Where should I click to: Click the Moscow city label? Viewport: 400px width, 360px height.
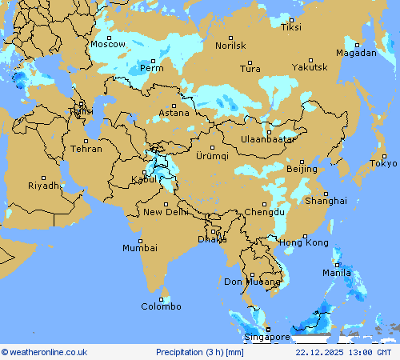(x=108, y=45)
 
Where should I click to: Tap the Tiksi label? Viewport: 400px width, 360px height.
(x=291, y=27)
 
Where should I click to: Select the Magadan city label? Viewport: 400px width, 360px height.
(x=356, y=53)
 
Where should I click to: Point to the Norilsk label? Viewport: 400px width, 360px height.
(x=230, y=46)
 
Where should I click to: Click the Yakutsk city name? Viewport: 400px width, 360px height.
(x=310, y=67)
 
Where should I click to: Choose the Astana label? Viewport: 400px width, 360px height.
(x=174, y=113)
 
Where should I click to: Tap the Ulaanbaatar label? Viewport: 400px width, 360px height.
(x=269, y=139)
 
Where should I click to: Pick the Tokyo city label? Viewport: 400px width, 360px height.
(x=383, y=164)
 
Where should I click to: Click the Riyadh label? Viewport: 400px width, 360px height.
(x=44, y=186)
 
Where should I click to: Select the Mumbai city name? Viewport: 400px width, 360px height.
(x=140, y=248)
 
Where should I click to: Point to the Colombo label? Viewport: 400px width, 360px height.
(x=162, y=306)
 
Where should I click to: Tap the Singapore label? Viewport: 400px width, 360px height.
(x=267, y=338)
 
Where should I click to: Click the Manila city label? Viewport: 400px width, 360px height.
(x=337, y=273)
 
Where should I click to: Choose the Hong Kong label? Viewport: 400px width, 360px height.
(x=304, y=242)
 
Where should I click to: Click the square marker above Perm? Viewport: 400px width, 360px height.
(x=153, y=61)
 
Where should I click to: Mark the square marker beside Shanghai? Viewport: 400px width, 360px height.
(x=326, y=194)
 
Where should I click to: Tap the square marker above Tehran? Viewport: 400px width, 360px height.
(x=86, y=142)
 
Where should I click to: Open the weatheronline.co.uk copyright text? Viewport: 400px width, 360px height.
(x=45, y=352)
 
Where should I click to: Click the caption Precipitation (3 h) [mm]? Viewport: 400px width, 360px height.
(x=200, y=352)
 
